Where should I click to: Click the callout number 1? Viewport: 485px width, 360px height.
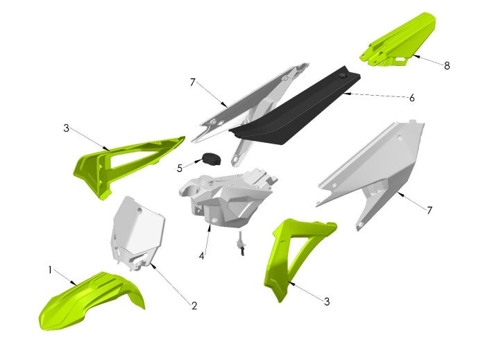(x=50, y=268)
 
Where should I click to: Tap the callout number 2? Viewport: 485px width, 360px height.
(x=194, y=305)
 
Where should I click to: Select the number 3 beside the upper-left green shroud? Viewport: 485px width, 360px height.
(x=66, y=128)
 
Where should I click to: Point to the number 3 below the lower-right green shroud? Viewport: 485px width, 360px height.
(x=327, y=301)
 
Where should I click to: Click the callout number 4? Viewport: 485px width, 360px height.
(x=201, y=256)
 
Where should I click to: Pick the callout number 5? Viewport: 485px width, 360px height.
(x=180, y=168)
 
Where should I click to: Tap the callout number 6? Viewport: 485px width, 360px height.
(x=411, y=98)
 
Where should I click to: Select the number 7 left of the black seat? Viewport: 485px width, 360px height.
(x=192, y=83)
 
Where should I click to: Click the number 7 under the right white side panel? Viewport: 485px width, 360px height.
(x=430, y=209)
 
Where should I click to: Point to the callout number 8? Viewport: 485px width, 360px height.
(x=447, y=66)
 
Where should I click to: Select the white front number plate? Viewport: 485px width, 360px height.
(x=137, y=232)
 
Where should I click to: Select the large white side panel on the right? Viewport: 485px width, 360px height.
(x=378, y=170)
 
